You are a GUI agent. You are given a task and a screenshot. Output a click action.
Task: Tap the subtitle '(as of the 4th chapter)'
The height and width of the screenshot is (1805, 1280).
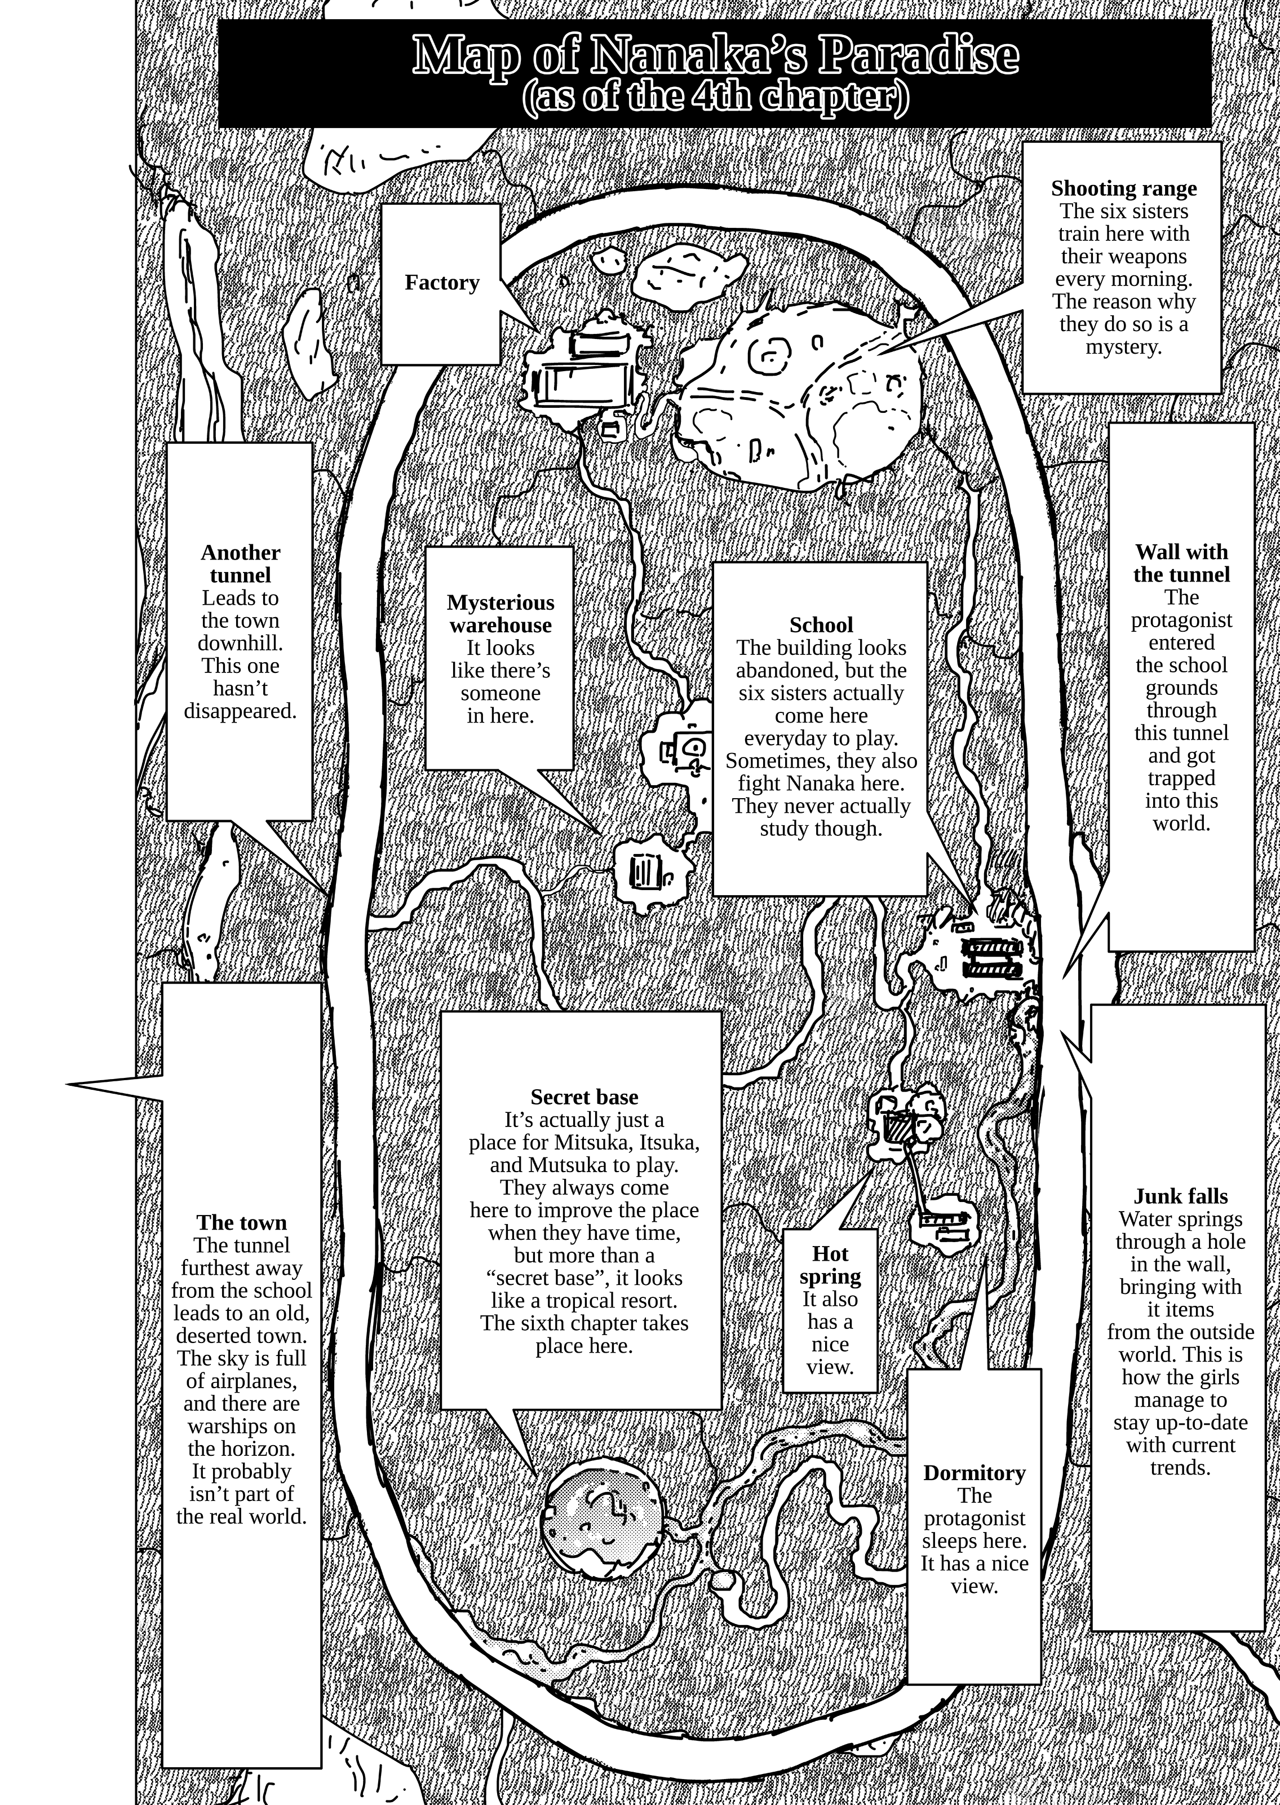pos(716,97)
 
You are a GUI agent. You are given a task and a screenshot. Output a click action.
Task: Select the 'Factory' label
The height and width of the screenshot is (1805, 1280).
pos(442,282)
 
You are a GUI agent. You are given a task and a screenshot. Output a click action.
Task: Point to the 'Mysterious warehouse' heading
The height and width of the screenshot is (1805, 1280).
pos(501,614)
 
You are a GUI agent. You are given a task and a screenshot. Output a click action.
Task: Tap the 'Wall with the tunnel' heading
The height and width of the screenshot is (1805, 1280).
pos(1181,563)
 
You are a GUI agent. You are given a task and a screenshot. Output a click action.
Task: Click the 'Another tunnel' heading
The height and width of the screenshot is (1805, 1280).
pos(241,564)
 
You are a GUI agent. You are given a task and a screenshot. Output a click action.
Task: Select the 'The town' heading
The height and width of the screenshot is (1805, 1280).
pos(242,1222)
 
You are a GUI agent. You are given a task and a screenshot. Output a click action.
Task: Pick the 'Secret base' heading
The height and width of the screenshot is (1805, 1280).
pos(584,1097)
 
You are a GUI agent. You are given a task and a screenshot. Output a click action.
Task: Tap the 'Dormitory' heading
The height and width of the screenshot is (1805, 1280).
pos(974,1473)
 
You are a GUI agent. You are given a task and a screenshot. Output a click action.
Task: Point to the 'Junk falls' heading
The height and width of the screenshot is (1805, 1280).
pos(1181,1196)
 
